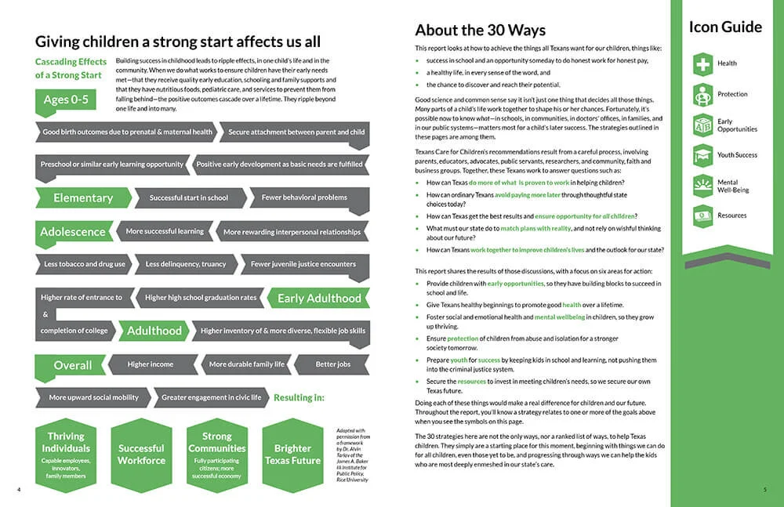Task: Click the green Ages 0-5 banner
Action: click(66, 100)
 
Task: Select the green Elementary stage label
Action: click(82, 197)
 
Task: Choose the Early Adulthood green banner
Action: click(318, 298)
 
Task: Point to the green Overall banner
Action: click(72, 365)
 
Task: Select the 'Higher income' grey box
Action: click(151, 364)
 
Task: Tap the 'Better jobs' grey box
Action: click(332, 364)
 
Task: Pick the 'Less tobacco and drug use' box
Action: click(85, 264)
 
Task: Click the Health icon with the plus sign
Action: click(703, 63)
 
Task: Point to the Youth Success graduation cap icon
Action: click(703, 154)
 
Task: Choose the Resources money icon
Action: click(703, 215)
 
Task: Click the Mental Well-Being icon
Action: click(703, 186)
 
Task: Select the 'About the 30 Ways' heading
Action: click(480, 31)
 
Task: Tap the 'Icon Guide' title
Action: click(724, 27)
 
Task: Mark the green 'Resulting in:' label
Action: click(299, 397)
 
